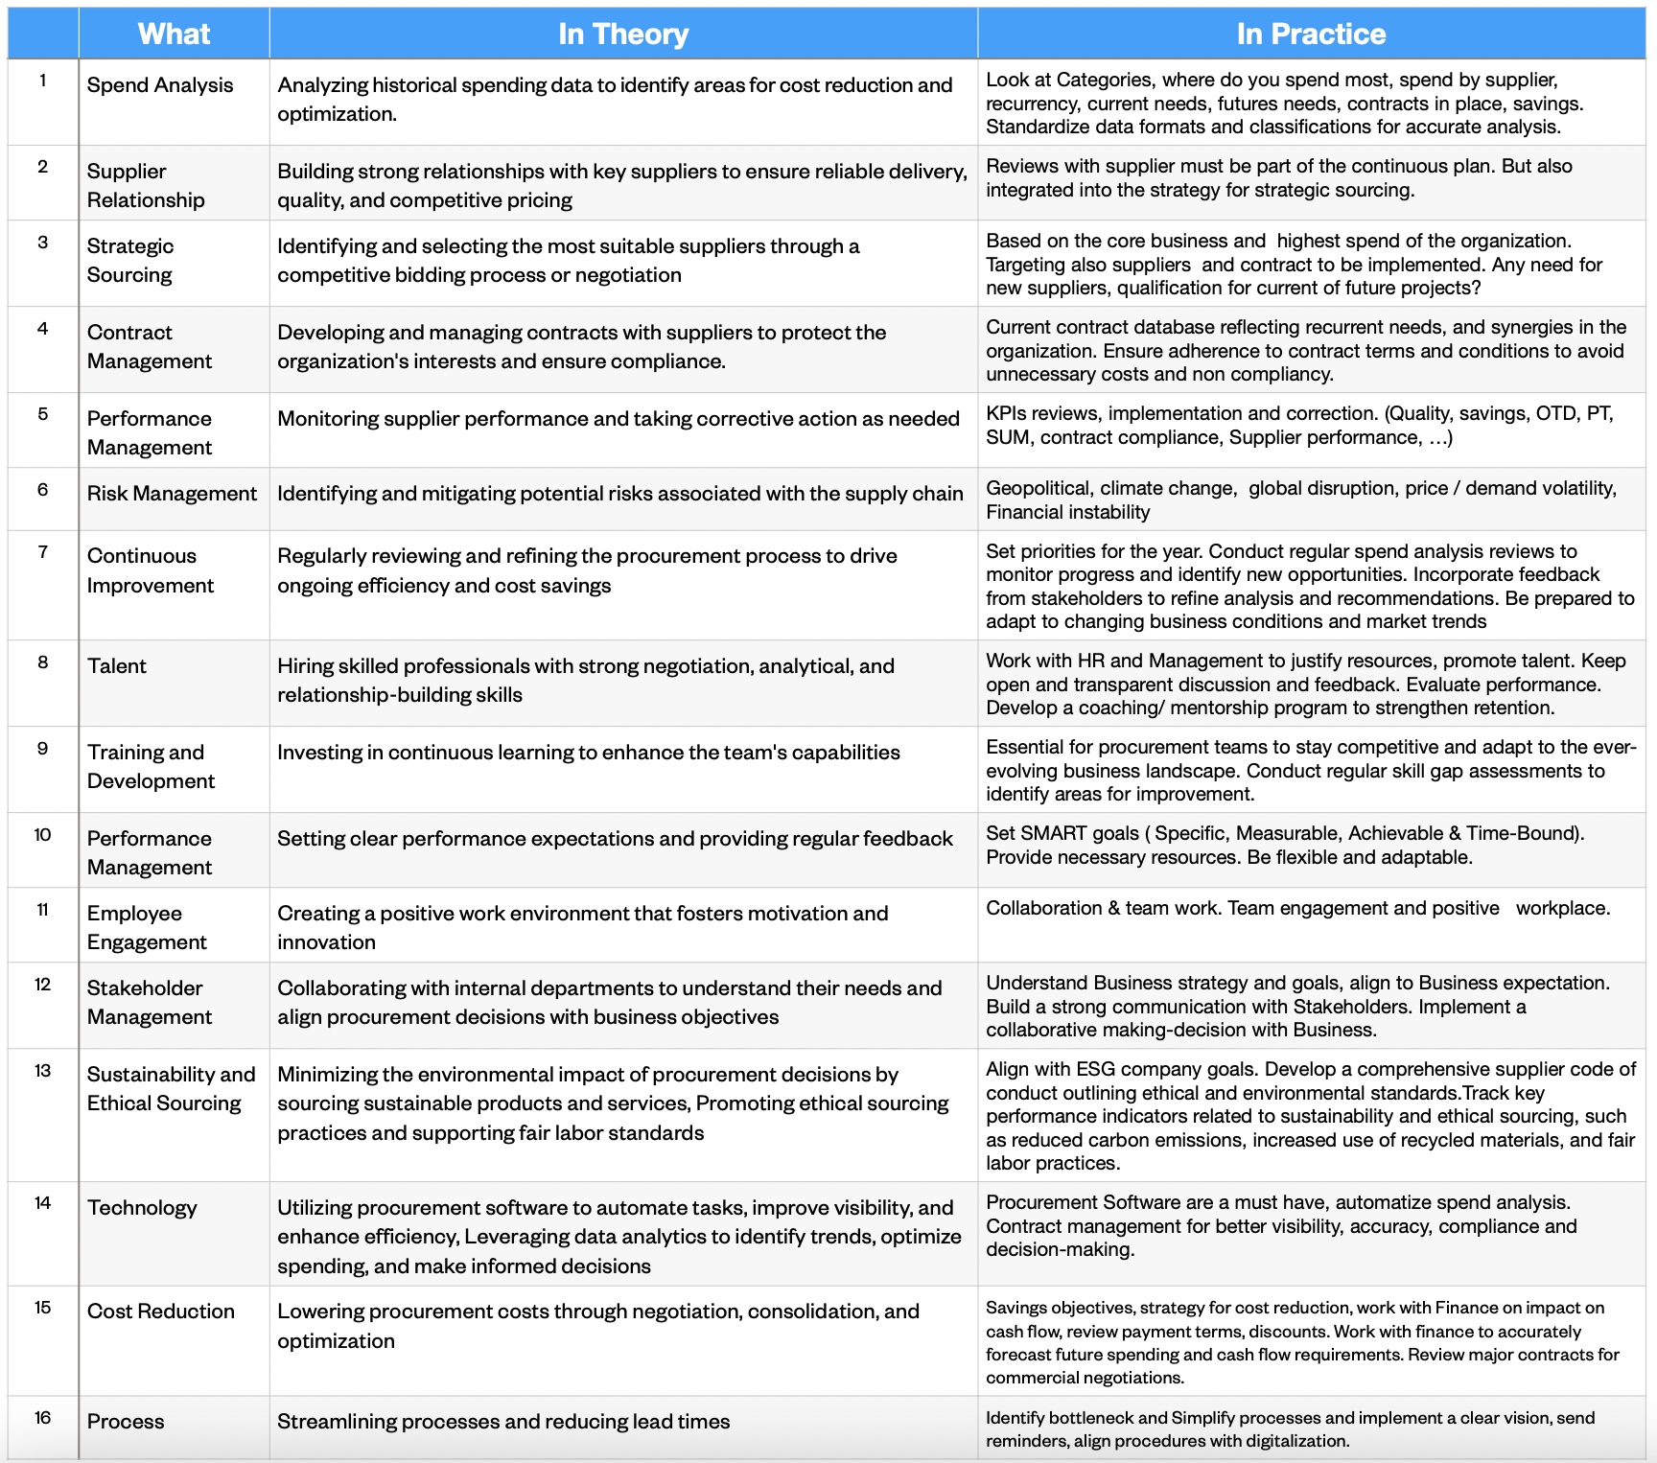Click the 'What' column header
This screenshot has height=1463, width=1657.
pos(174,35)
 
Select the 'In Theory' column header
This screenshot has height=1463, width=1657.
pos(623,35)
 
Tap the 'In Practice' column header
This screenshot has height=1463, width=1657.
pos(1311,35)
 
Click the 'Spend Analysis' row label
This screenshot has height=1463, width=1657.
pos(160,85)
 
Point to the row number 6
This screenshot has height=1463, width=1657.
pos(42,490)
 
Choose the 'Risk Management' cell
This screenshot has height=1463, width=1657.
pos(172,494)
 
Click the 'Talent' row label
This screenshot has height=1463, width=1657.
pos(117,666)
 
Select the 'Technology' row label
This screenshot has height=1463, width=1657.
pos(142,1208)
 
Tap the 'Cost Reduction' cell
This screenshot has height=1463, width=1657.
pos(161,1312)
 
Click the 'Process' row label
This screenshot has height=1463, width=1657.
pos(126,1422)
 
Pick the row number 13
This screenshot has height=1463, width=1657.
pos(42,1071)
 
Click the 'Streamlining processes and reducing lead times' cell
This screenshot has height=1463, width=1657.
pos(503,1422)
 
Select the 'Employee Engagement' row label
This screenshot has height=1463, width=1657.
pos(147,928)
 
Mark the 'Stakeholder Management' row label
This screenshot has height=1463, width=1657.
pos(150,1003)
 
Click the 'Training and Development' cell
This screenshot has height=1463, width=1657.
pos(151,767)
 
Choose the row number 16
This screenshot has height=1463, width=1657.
pos(42,1418)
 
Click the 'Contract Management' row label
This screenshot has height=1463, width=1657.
pos(150,347)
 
